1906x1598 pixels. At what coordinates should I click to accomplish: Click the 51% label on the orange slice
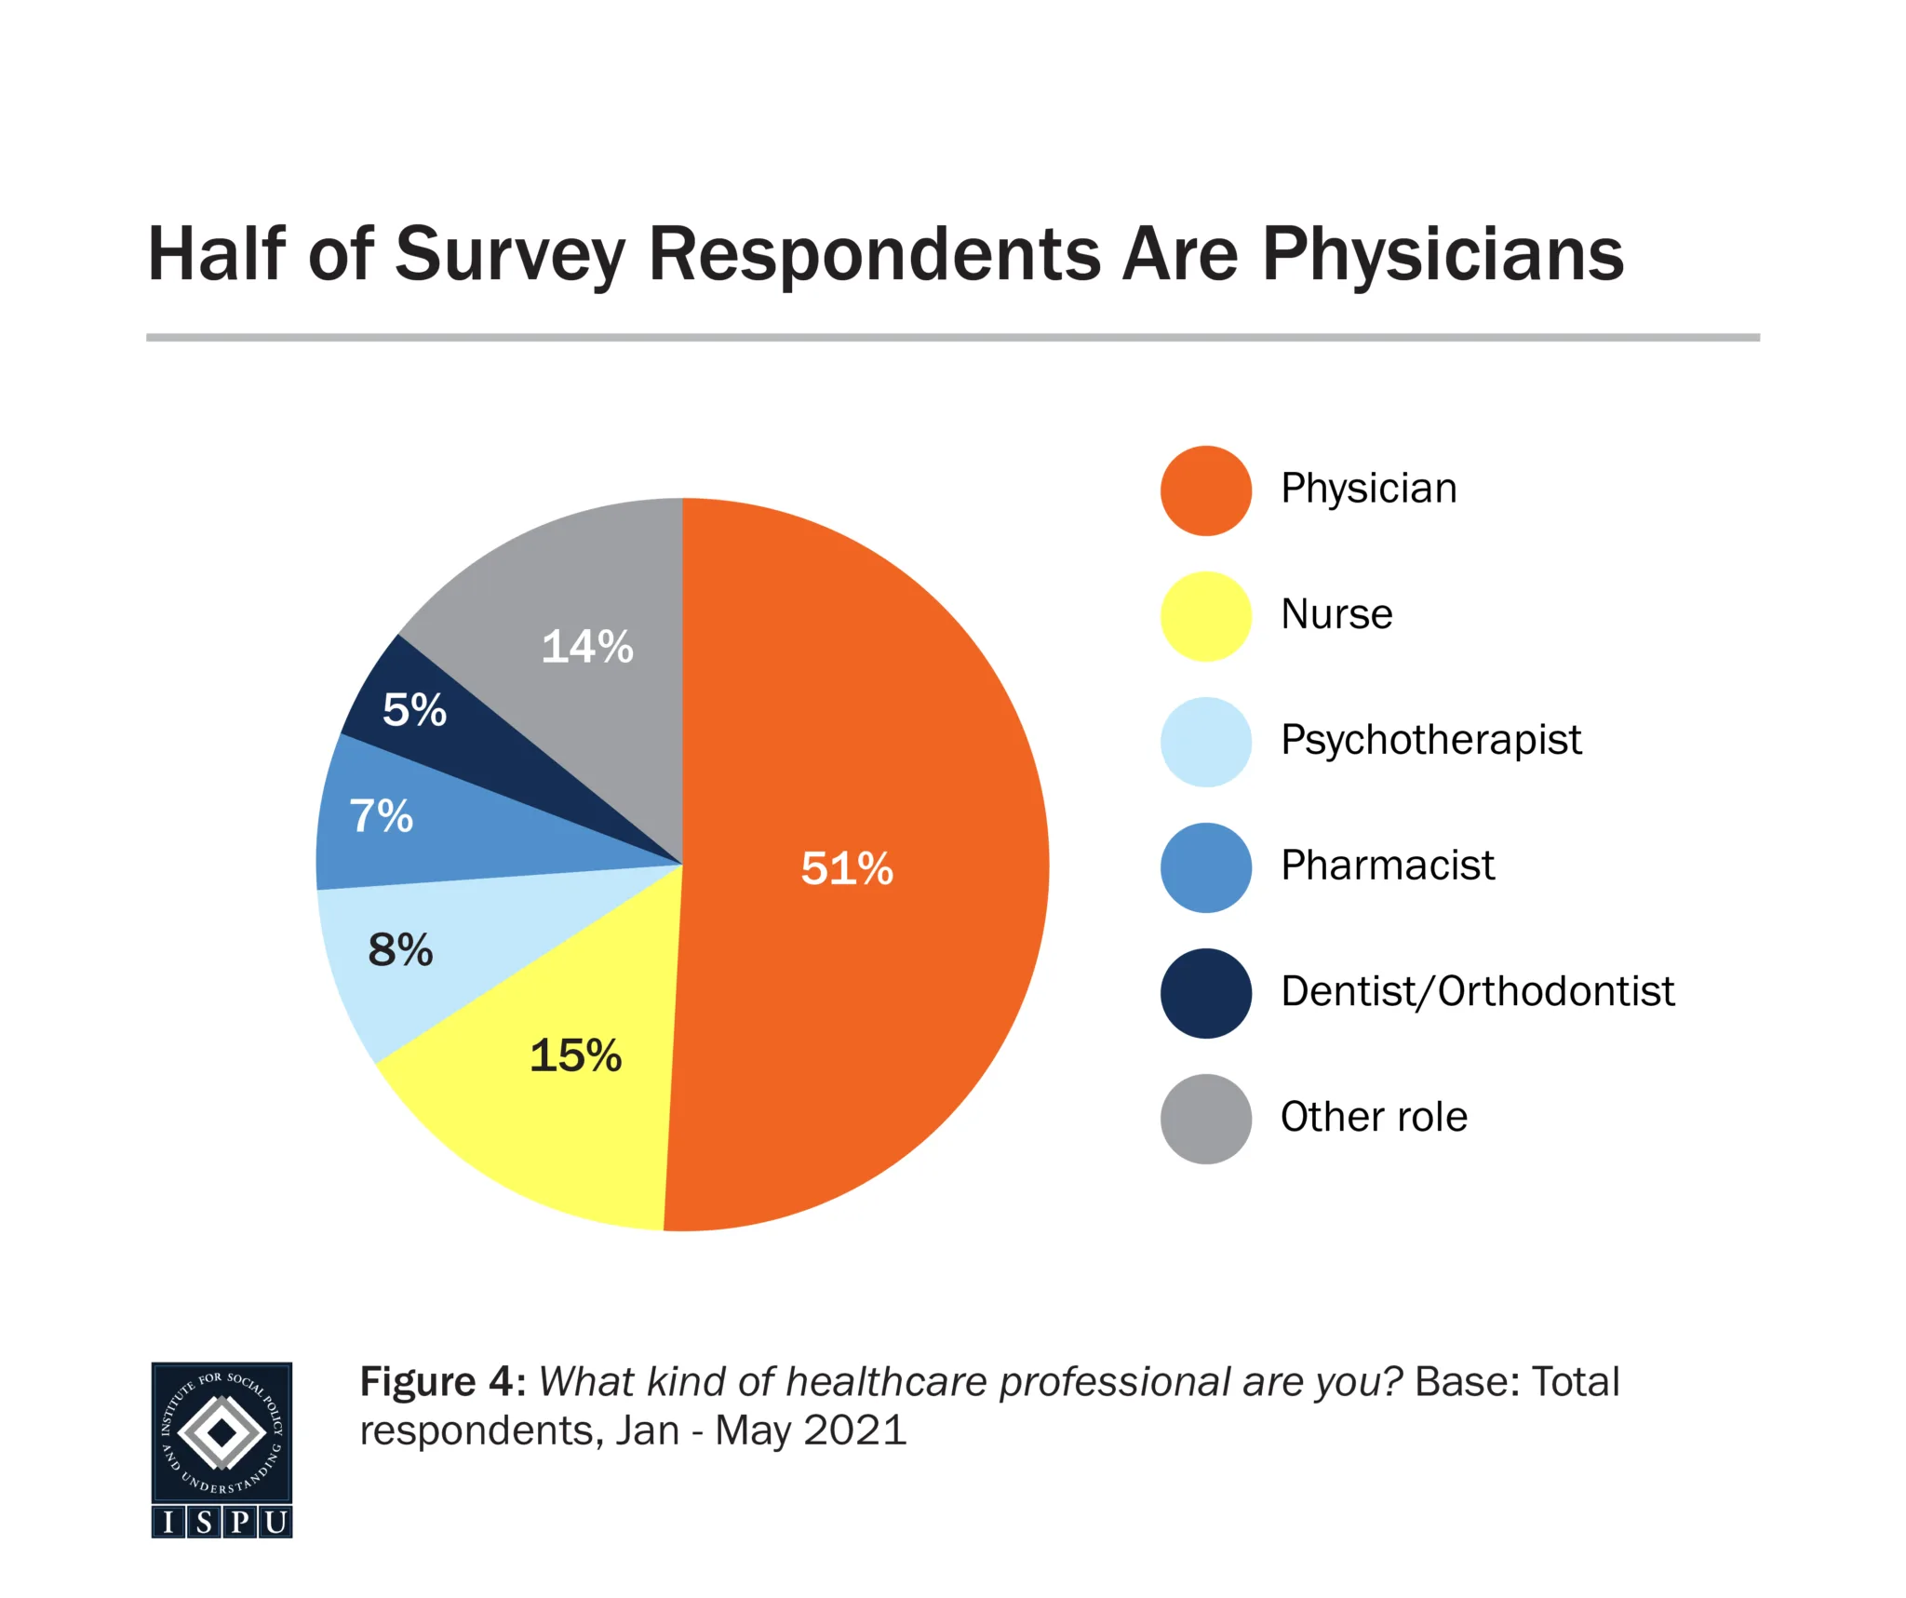[847, 868]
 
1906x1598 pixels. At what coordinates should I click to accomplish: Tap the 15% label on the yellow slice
[575, 1055]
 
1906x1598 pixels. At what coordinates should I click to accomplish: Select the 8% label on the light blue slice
[400, 949]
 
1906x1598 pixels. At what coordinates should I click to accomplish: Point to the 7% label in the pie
[382, 815]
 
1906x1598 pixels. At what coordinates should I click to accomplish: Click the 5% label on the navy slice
[414, 709]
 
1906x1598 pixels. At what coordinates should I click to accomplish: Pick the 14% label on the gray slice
[587, 646]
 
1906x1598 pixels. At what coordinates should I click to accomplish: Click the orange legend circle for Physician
[1205, 490]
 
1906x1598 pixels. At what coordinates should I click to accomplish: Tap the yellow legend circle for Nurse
[1205, 616]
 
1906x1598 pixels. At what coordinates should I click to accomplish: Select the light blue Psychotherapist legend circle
[1205, 742]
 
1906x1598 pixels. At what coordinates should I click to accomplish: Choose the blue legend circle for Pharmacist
[1205, 867]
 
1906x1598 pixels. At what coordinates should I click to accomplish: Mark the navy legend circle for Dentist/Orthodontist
[1205, 993]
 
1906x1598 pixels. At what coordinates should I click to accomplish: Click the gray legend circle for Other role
[1205, 1119]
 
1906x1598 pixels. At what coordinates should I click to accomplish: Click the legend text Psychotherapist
[1430, 741]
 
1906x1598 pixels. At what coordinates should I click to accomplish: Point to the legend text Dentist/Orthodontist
[1477, 991]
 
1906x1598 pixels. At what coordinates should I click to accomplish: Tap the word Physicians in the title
[1443, 254]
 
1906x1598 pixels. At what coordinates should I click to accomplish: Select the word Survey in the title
[510, 254]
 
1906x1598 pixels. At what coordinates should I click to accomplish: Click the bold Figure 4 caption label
[443, 1382]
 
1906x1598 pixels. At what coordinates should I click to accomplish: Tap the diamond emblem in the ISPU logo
[221, 1433]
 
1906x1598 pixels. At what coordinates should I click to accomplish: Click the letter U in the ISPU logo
[275, 1522]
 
